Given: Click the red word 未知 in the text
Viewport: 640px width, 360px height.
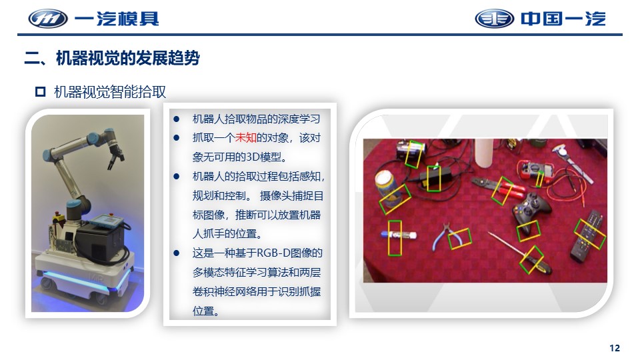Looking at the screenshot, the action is click(246, 137).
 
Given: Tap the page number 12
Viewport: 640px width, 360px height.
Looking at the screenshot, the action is click(614, 348).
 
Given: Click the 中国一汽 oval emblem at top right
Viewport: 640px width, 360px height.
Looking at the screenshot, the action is click(494, 19).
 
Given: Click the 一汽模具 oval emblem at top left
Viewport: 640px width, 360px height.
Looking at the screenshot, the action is click(48, 19).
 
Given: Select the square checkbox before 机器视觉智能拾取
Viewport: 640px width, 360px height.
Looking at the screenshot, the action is click(41, 91).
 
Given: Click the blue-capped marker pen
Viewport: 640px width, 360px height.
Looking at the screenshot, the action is click(399, 235).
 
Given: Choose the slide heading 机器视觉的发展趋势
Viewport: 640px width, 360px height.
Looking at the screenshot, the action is click(128, 58).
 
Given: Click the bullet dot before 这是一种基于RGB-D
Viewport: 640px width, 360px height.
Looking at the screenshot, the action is click(176, 253).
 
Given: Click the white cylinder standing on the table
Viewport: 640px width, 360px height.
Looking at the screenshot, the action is click(484, 153).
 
